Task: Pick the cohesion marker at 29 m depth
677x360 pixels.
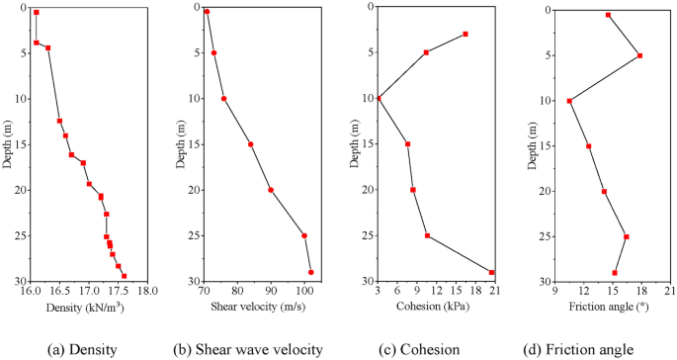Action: click(491, 272)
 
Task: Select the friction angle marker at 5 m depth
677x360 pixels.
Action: click(640, 55)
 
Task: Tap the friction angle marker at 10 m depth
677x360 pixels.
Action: click(569, 101)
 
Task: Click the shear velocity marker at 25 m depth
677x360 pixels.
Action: click(304, 235)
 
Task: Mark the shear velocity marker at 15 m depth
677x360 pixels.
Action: click(251, 144)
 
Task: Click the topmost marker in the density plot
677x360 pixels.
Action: click(37, 13)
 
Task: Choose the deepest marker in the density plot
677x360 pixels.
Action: click(124, 276)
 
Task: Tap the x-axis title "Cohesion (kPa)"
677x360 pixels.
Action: click(434, 308)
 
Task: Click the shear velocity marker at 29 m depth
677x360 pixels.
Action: click(311, 272)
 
